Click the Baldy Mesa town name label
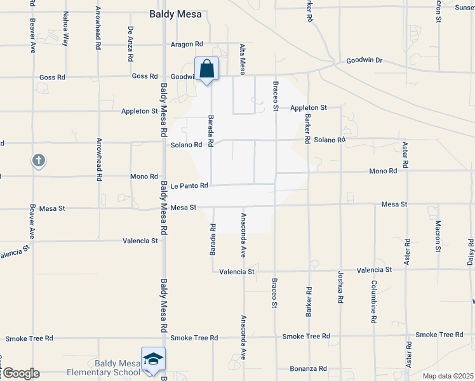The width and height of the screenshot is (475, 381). tap(175, 13)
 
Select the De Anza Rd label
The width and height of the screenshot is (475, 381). tap(130, 44)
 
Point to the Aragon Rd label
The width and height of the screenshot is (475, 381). tap(187, 44)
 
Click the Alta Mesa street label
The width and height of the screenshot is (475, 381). tap(242, 59)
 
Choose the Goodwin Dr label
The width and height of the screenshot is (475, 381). tap(365, 61)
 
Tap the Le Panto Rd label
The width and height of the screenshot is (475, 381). tap(190, 186)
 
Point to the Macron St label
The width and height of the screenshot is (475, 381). tap(438, 236)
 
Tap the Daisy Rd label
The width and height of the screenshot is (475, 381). tap(471, 253)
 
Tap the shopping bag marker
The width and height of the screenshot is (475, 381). tap(206, 68)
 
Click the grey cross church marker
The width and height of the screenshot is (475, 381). tap(39, 160)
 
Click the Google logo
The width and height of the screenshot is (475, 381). tap(20, 373)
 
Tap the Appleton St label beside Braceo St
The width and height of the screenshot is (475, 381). tap(309, 108)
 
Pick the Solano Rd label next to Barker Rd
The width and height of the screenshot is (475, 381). tap(330, 140)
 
